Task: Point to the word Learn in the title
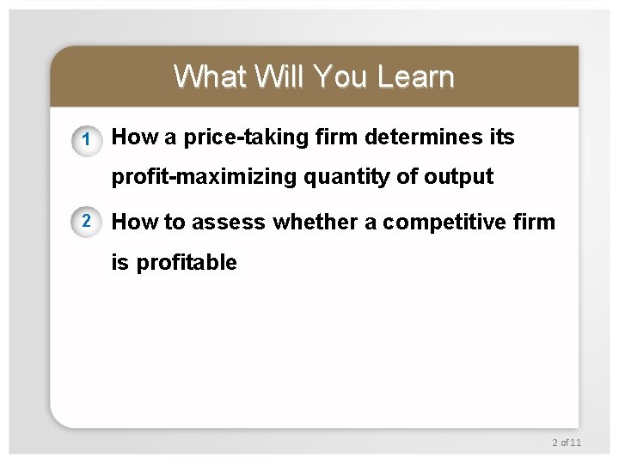415,76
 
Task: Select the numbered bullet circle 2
85,221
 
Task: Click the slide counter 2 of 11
567,442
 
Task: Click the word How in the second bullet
135,223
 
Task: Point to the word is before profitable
120,263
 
